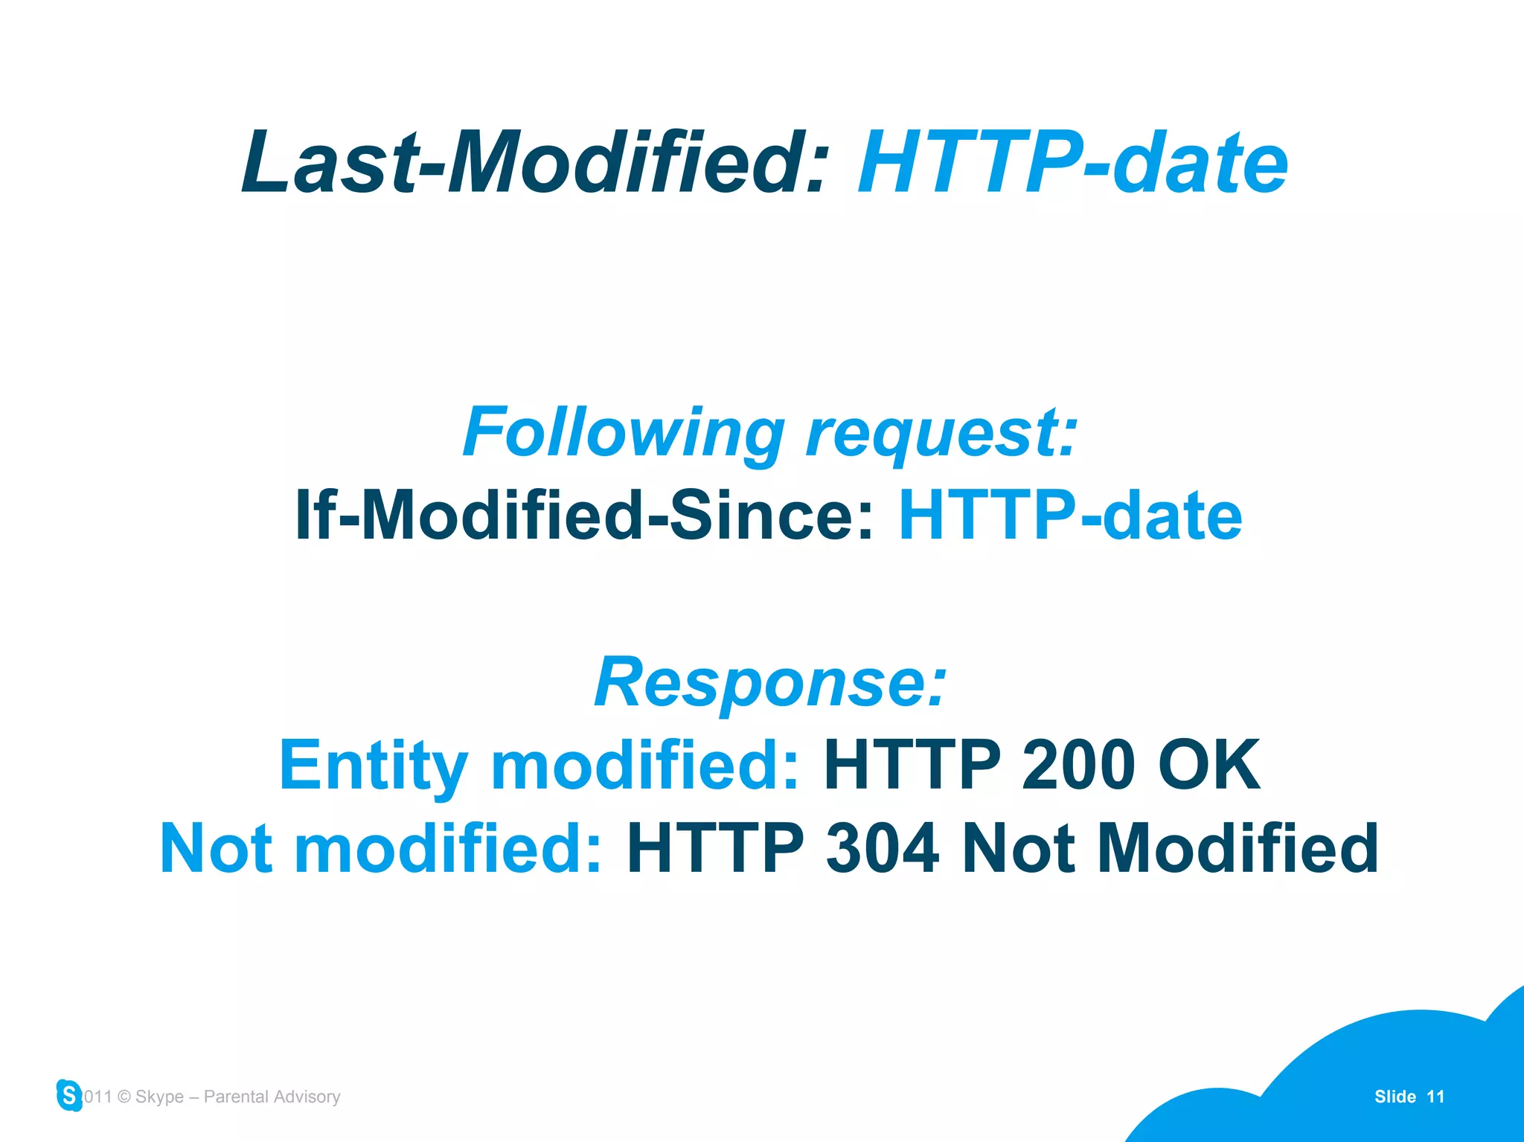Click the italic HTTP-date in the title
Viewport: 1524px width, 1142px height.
[1072, 162]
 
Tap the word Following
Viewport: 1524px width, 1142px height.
[624, 433]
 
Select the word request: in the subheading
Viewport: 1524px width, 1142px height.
[942, 433]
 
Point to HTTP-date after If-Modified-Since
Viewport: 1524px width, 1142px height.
[1070, 515]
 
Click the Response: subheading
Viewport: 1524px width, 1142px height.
[770, 683]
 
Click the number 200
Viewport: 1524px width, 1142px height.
[1077, 765]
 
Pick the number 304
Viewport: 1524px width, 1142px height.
[882, 848]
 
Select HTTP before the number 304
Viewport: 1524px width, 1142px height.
[715, 848]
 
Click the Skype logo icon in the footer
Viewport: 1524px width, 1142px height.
[69, 1095]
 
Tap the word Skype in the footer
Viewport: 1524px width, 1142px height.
[159, 1097]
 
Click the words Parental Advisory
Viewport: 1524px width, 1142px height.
[272, 1097]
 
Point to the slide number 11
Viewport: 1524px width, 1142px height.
[1435, 1097]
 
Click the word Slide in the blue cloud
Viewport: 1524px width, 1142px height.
[1395, 1097]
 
